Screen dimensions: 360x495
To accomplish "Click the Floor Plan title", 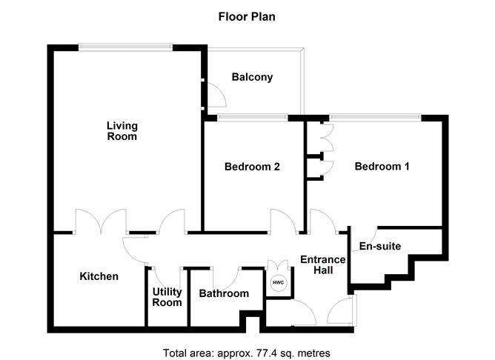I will tap(247, 16).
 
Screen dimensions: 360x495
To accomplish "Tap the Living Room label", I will tap(122, 131).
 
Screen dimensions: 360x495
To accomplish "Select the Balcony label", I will tap(252, 77).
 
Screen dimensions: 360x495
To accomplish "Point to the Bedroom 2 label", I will tap(252, 167).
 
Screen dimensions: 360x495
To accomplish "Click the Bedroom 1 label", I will tap(382, 167).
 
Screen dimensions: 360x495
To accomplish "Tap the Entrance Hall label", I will tap(322, 264).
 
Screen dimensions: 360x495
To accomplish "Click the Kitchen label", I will tap(99, 276).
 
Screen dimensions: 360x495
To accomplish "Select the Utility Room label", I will tap(167, 297).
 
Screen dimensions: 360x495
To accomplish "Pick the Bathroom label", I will tap(224, 293).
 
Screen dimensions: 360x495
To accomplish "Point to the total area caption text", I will tap(246, 352).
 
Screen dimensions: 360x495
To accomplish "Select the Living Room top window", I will tap(127, 47).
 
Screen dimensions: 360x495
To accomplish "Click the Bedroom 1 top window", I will tap(376, 116).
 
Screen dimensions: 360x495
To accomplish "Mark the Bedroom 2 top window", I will tap(253, 116).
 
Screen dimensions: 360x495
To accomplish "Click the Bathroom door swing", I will tap(225, 277).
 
